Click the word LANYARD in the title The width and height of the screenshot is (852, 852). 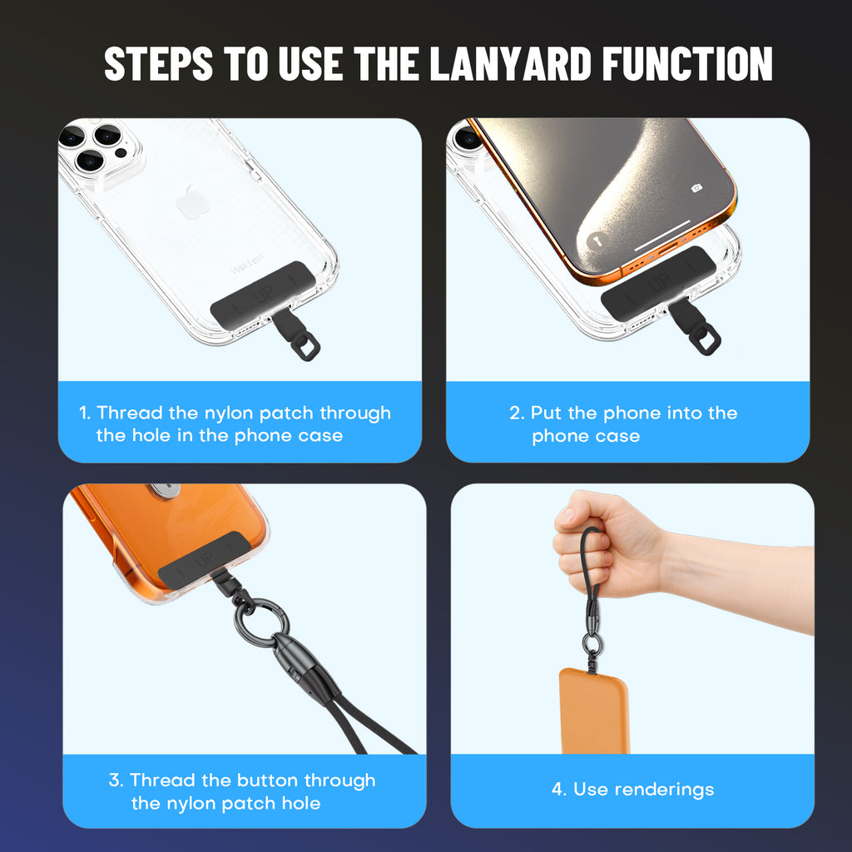510,63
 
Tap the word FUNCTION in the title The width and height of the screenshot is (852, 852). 687,63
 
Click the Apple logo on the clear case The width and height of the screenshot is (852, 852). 193,202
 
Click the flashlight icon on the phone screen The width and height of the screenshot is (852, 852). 597,240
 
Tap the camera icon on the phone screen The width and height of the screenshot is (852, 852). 696,188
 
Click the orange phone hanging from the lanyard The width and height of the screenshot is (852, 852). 594,711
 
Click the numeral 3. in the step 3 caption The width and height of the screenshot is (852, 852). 116,780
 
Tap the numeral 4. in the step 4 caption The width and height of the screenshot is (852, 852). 559,790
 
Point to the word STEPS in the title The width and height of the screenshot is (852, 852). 158,63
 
